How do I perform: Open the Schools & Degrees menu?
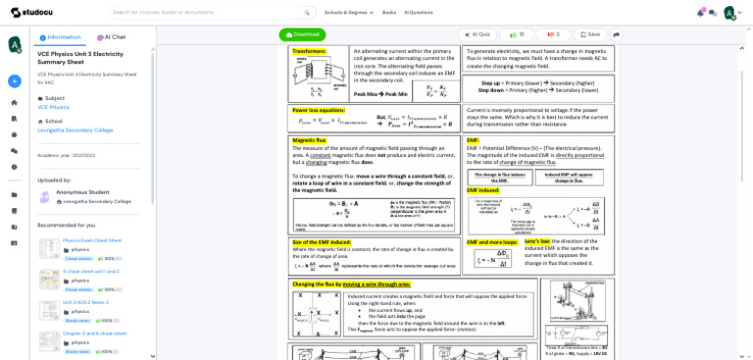point(348,13)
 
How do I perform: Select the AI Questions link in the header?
point(419,13)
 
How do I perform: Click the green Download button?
point(302,34)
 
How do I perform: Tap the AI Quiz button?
point(477,34)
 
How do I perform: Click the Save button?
point(590,34)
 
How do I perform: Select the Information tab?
point(61,37)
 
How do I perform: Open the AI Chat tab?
point(112,37)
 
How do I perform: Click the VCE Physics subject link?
point(53,107)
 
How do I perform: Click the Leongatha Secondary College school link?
point(75,129)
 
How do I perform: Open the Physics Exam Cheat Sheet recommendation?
point(92,240)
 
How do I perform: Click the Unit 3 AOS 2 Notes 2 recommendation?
point(85,302)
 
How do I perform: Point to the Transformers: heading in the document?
point(309,51)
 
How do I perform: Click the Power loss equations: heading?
point(319,110)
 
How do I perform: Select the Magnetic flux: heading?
point(310,140)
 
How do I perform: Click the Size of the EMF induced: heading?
point(322,241)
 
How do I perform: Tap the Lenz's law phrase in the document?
point(537,241)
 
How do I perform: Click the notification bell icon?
point(700,13)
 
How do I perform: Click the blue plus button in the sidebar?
point(14,81)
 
